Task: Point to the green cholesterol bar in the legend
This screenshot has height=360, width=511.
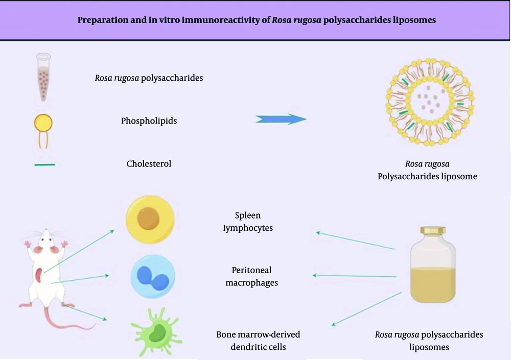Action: click(x=44, y=165)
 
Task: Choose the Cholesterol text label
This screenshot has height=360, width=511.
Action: click(x=149, y=164)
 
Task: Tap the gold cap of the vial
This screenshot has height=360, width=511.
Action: click(x=433, y=231)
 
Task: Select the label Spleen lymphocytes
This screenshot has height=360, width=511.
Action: click(x=248, y=222)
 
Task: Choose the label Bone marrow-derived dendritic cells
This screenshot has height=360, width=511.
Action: click(x=258, y=341)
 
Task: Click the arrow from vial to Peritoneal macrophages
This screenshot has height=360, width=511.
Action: click(x=354, y=276)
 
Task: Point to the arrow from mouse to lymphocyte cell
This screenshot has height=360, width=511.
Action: click(x=79, y=251)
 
